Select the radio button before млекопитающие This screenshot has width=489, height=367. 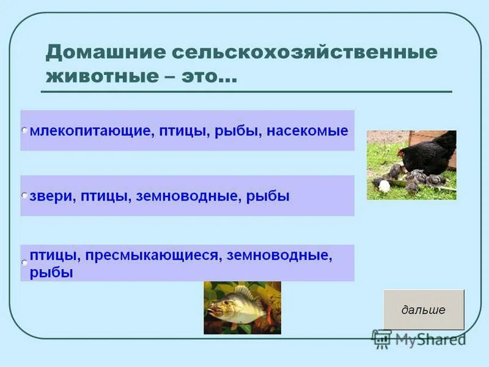(x=24, y=131)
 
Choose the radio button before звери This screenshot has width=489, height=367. (x=24, y=196)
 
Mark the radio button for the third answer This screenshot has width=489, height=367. (x=24, y=262)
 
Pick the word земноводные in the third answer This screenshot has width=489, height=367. (x=279, y=256)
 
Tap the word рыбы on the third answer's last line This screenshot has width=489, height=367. (x=51, y=273)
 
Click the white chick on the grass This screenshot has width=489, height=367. (x=383, y=185)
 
